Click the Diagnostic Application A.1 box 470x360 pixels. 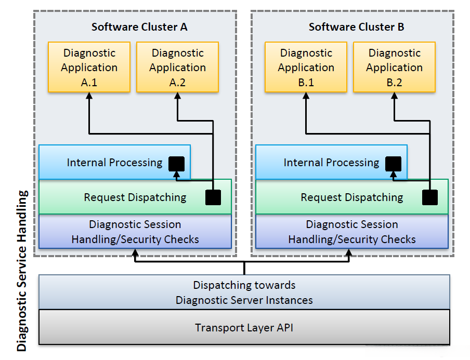click(89, 68)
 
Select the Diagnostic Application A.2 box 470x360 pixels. click(177, 68)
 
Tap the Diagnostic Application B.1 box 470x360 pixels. click(306, 68)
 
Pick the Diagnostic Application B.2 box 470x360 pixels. click(394, 68)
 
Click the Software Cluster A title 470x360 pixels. click(139, 27)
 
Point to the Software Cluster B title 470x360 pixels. click(356, 27)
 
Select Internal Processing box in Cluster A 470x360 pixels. click(114, 162)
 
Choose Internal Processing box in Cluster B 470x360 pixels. click(331, 162)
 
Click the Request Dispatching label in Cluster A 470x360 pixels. click(135, 197)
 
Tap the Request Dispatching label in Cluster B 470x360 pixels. click(352, 197)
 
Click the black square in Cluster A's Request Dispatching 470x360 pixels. click(213, 197)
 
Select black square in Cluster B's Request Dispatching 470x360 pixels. click(429, 197)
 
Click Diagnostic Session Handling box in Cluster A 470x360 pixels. click(135, 232)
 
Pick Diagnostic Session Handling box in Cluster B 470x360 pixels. click(352, 232)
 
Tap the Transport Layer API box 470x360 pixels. click(244, 327)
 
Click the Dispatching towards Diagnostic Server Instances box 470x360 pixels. click(244, 292)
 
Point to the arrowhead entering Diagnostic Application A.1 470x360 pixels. click(89, 96)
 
